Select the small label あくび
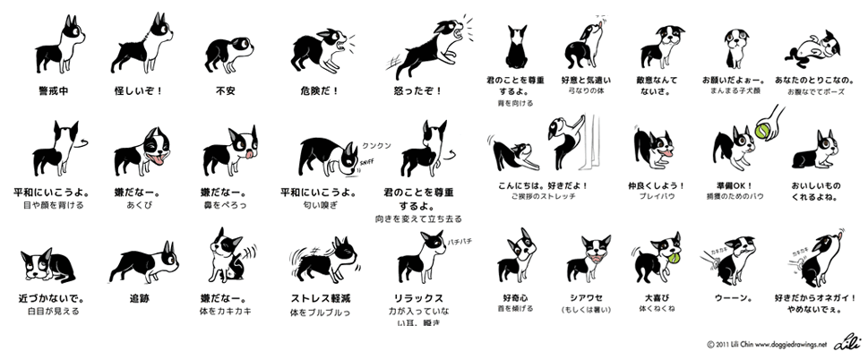coord(142,205)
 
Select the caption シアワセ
coord(589,296)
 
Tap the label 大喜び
coord(658,296)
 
